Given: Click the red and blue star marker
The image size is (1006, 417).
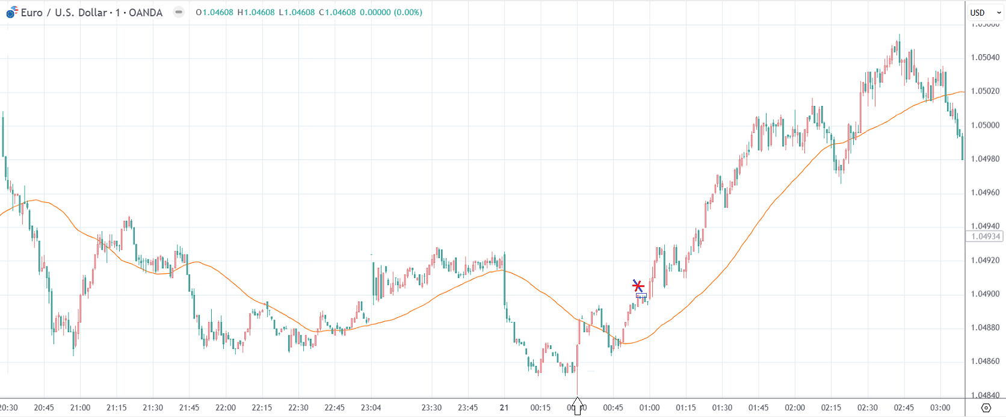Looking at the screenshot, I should tap(638, 286).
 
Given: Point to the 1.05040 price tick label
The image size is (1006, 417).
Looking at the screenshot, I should tap(985, 58).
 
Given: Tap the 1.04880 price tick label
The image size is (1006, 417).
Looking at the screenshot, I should tap(985, 328).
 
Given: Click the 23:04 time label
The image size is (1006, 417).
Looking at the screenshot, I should tap(371, 408).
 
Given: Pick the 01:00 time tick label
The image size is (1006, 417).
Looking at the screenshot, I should tap(649, 408).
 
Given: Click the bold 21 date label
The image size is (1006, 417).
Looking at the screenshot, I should tap(504, 408).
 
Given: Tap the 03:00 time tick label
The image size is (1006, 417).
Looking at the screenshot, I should tap(940, 408).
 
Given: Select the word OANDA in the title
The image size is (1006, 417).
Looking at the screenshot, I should tap(146, 13).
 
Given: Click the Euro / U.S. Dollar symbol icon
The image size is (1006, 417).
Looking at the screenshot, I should tap(12, 12).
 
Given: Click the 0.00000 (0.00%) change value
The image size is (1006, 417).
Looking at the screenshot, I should tap(391, 13).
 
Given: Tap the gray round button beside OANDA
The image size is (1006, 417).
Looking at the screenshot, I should tap(179, 12).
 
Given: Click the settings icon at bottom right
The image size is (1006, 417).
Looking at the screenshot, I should tap(986, 408).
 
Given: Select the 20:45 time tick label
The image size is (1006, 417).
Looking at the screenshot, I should tap(44, 408).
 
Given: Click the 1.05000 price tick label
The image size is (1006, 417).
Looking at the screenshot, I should tap(985, 125).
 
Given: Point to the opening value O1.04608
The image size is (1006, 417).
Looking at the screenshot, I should tap(215, 13).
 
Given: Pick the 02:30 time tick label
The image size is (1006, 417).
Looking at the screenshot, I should tap(868, 408).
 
